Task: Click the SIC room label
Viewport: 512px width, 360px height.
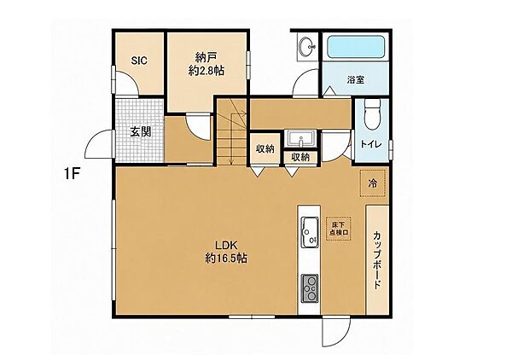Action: (139, 61)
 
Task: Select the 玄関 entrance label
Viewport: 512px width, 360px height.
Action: (141, 131)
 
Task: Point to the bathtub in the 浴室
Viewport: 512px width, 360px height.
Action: (355, 48)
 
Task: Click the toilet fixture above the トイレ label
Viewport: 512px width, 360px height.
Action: (372, 114)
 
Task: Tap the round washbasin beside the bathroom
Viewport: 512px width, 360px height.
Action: (307, 46)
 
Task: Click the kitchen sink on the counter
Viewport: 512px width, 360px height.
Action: (310, 232)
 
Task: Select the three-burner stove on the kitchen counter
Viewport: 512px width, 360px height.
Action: (310, 287)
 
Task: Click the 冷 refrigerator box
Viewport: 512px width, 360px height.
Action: (373, 183)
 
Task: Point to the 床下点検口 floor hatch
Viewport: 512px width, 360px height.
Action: (338, 229)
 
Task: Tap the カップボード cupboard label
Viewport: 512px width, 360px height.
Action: (377, 260)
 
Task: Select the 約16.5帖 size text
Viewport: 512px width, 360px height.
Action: (226, 258)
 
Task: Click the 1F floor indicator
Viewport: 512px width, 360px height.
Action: (72, 175)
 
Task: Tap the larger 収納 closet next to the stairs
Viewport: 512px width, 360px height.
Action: (265, 148)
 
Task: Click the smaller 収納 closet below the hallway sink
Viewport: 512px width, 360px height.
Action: (300, 157)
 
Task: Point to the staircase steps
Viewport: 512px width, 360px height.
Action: (232, 132)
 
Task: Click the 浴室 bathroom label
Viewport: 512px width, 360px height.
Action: (356, 79)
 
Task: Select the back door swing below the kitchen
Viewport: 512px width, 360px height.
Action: (335, 332)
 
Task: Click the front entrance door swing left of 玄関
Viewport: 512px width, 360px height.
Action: (99, 144)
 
